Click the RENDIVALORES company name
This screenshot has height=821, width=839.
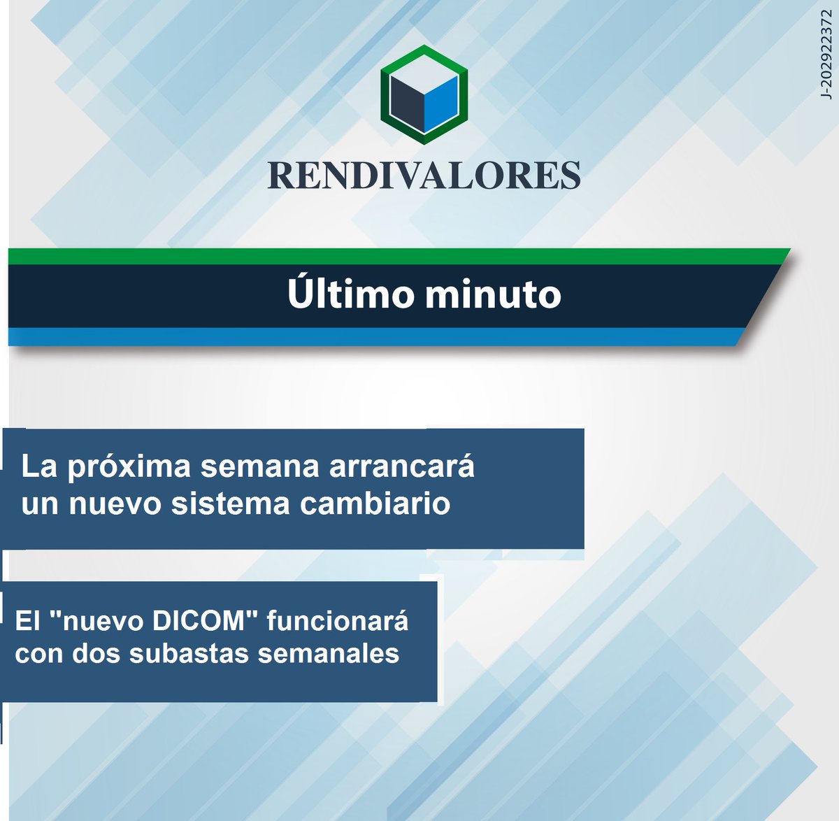tap(424, 176)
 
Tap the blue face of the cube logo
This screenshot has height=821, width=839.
tap(441, 104)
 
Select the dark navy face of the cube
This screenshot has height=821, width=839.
tap(407, 104)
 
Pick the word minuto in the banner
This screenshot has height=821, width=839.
tap(493, 294)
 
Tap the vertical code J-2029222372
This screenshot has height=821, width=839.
tap(826, 55)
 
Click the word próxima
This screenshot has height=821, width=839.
tap(129, 467)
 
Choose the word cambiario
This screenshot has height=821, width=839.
tap(375, 504)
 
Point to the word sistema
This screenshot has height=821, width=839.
tap(231, 504)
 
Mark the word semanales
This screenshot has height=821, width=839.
tap(329, 654)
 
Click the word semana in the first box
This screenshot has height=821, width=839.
tap(260, 467)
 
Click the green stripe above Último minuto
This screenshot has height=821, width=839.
tap(399, 256)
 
